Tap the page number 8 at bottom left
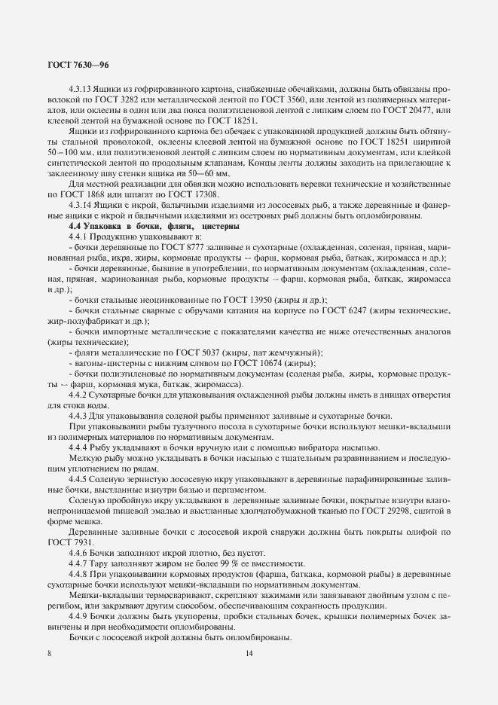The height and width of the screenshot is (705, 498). pos(49,653)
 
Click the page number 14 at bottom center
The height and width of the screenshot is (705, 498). pos(249,653)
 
